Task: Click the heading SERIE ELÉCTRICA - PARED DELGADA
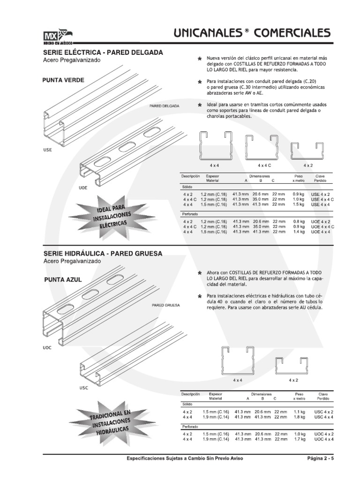pyautogui.click(x=103, y=52)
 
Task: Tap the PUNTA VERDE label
pyautogui.click(x=63, y=80)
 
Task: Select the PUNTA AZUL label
pyautogui.click(x=63, y=280)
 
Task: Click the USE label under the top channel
pyautogui.click(x=47, y=150)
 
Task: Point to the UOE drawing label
pyautogui.click(x=83, y=188)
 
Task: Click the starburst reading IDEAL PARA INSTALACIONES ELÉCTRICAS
pyautogui.click(x=112, y=217)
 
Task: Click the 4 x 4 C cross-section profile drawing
pyautogui.click(x=261, y=148)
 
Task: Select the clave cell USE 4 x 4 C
pyautogui.click(x=322, y=200)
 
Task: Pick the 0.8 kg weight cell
pyautogui.click(x=299, y=222)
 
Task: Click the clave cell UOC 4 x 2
pyautogui.click(x=324, y=434)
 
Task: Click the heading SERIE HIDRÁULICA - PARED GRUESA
pyautogui.click(x=103, y=254)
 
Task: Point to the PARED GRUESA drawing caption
pyautogui.click(x=165, y=305)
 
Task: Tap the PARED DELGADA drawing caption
pyautogui.click(x=165, y=106)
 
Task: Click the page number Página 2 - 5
pyautogui.click(x=321, y=458)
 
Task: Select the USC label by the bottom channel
pyautogui.click(x=83, y=388)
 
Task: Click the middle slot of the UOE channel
pyautogui.click(x=127, y=147)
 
